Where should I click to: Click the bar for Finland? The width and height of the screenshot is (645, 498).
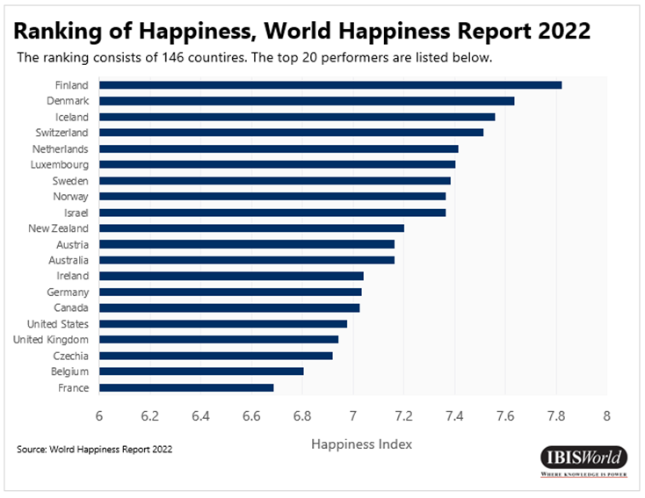(330, 85)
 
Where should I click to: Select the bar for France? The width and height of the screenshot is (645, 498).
(186, 387)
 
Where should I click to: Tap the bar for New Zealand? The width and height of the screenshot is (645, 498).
(251, 228)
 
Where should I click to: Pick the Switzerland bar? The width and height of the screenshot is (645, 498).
(291, 133)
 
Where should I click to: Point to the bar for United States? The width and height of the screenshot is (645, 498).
(223, 324)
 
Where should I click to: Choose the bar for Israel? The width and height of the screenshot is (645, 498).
(272, 213)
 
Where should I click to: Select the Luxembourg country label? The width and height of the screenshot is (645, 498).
(60, 164)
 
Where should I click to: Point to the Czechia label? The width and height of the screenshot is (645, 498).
(70, 356)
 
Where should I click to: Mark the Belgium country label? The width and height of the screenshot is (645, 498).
(69, 372)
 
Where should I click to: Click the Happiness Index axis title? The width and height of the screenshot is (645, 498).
(361, 444)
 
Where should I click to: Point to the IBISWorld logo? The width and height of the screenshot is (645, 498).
(583, 458)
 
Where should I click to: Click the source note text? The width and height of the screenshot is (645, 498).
(94, 450)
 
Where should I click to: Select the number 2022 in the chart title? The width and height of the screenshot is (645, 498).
(559, 32)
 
